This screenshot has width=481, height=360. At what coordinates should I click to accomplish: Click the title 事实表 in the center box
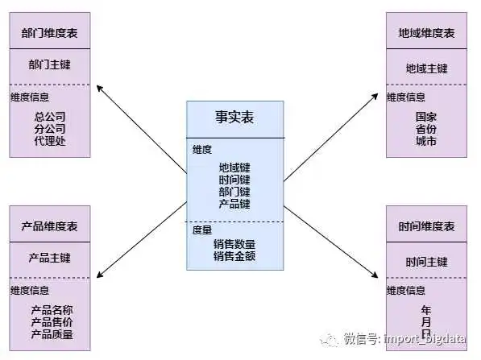(x=234, y=117)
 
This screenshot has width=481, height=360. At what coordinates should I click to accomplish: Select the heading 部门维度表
(x=49, y=33)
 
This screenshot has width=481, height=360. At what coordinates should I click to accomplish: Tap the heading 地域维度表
(x=426, y=33)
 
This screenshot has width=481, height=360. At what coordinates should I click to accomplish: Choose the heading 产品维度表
(x=49, y=226)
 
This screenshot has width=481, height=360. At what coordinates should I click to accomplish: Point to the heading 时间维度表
(x=426, y=226)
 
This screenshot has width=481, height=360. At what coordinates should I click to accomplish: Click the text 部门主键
(x=49, y=64)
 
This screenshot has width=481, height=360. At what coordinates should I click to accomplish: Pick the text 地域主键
(x=426, y=68)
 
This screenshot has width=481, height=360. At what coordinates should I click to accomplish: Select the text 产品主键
(x=49, y=258)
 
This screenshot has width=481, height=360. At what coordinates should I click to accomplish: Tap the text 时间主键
(x=426, y=262)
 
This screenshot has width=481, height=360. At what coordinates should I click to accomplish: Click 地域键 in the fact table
(x=234, y=168)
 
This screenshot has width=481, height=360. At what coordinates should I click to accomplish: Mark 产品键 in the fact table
(x=234, y=204)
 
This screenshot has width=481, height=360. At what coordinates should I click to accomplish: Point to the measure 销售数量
(x=234, y=244)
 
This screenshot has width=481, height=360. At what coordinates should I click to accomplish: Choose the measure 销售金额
(x=234, y=256)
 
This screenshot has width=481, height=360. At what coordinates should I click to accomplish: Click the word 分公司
(x=50, y=129)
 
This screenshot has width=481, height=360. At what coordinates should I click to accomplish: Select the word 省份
(x=426, y=129)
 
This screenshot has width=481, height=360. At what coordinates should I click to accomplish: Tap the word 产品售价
(x=52, y=322)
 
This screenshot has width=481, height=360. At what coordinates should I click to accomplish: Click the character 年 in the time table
(x=426, y=310)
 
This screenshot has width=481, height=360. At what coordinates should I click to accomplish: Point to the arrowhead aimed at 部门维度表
(x=99, y=88)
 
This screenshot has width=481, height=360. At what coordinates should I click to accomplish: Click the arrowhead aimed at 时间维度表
(x=375, y=275)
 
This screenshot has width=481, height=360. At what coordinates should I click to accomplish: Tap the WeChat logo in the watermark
(x=330, y=339)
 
